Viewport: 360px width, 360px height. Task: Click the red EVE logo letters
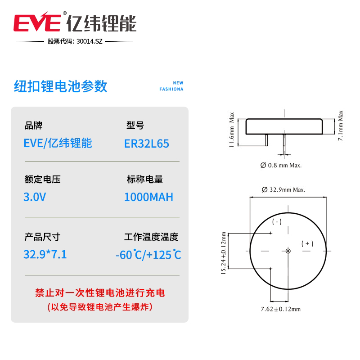tap(38, 22)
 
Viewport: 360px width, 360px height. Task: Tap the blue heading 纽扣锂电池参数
tap(61, 86)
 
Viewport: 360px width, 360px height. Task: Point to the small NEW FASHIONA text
tap(171, 86)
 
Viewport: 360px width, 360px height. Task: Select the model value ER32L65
tap(147, 143)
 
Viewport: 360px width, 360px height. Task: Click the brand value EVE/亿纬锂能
tap(58, 143)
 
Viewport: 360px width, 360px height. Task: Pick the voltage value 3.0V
tap(35, 197)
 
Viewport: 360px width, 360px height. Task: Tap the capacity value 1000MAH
tap(148, 197)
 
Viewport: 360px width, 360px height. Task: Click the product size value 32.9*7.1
tap(45, 254)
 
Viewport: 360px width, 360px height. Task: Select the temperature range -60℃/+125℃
tap(148, 255)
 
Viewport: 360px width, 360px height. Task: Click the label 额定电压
tap(42, 179)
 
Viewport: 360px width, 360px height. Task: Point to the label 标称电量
tap(145, 179)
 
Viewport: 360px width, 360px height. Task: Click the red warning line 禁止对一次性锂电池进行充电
tap(100, 293)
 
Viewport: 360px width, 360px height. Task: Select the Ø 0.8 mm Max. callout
tap(281, 165)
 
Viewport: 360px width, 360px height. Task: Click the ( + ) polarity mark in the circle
tap(307, 243)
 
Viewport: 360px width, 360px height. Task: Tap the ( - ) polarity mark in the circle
tap(277, 221)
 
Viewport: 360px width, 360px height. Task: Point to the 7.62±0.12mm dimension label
tap(280, 309)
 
